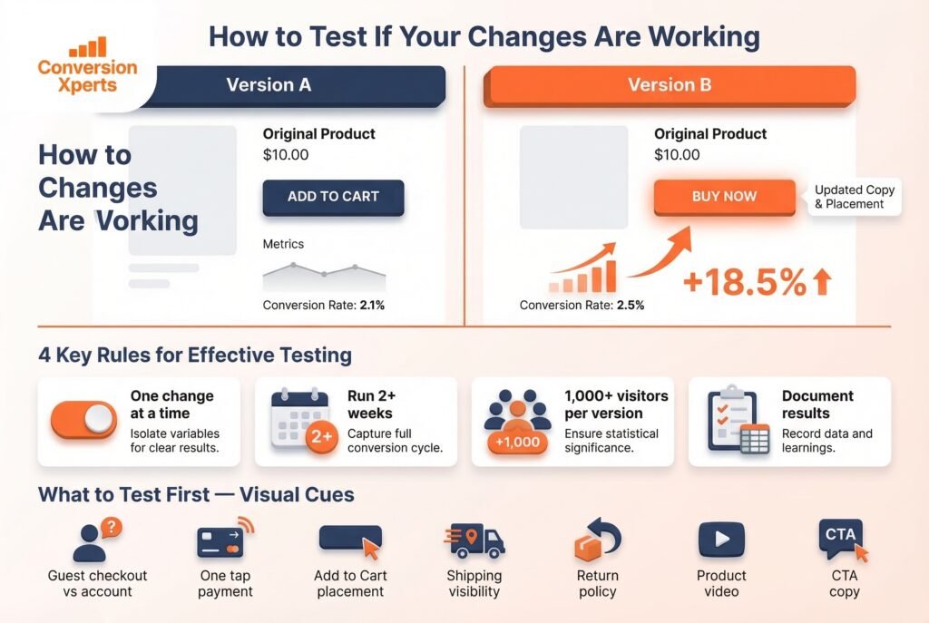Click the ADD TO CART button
tap(333, 197)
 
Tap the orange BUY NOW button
tap(723, 197)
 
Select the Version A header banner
tap(269, 86)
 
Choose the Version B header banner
tap(670, 86)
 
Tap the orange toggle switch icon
tap(84, 420)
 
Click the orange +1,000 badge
tap(518, 443)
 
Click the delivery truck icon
tap(474, 541)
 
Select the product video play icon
tap(721, 540)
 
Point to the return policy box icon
tap(597, 540)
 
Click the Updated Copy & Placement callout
tap(853, 197)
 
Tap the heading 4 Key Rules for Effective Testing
tap(195, 355)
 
